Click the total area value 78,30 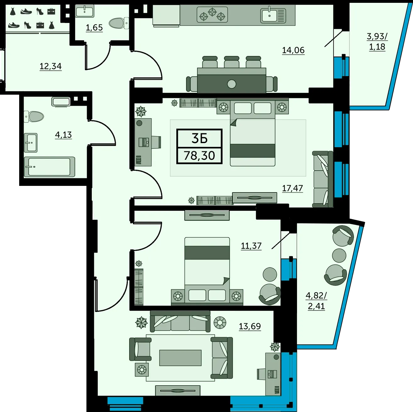(x=199, y=156)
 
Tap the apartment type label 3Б (x=200, y=138)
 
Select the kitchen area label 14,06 (x=293, y=50)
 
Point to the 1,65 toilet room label (x=94, y=28)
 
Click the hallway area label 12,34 (x=51, y=66)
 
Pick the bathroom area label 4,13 (x=63, y=135)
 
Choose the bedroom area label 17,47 (x=292, y=188)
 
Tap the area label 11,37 (x=251, y=246)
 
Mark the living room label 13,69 (x=250, y=326)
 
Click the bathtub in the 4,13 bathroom (x=50, y=167)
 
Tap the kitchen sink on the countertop (x=273, y=15)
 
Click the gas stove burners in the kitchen (x=212, y=14)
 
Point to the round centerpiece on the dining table (x=231, y=84)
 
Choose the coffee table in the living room (x=180, y=358)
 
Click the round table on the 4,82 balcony (x=339, y=255)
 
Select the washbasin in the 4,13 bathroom (x=30, y=142)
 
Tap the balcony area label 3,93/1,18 (x=377, y=42)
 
